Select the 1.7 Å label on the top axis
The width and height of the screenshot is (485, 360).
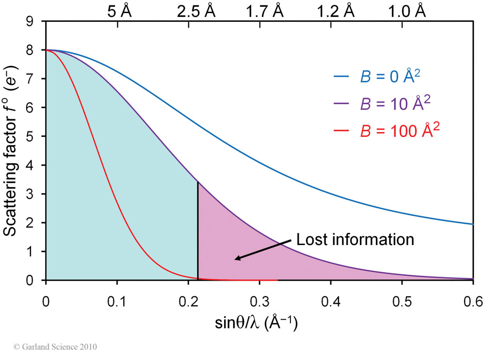[x=265, y=11]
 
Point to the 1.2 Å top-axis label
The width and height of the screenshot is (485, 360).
[x=335, y=11]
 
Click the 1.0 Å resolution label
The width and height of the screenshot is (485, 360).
[x=407, y=11]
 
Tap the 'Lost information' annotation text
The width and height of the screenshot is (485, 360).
[x=356, y=239]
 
